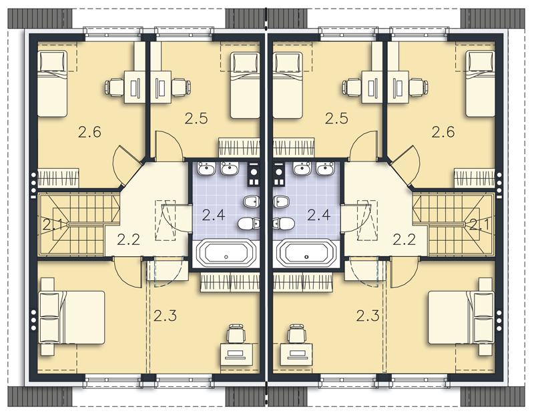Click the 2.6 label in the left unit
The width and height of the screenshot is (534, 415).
pyautogui.click(x=89, y=131)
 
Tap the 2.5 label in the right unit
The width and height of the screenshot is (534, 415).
pyautogui.click(x=336, y=119)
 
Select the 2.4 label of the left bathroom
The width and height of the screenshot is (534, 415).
pyautogui.click(x=214, y=215)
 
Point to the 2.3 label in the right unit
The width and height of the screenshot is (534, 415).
pyautogui.click(x=368, y=316)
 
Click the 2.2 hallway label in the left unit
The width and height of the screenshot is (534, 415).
pyautogui.click(x=128, y=240)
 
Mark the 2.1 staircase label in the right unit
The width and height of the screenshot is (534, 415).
pyautogui.click(x=479, y=225)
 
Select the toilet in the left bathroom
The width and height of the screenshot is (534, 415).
pyautogui.click(x=248, y=224)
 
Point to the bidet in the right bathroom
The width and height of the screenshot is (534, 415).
pyautogui.click(x=280, y=202)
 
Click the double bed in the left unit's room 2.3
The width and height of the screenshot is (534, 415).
pyautogui.click(x=72, y=318)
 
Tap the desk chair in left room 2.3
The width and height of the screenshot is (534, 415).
pyautogui.click(x=236, y=334)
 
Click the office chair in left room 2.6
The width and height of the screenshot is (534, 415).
pyautogui.click(x=114, y=87)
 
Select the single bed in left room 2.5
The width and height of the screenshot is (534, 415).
pyautogui.click(x=245, y=85)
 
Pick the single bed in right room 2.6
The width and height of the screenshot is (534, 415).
pyautogui.click(x=480, y=84)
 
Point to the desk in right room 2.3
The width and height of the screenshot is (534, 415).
pyautogui.click(x=296, y=356)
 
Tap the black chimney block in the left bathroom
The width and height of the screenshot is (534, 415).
pyautogui.click(x=254, y=175)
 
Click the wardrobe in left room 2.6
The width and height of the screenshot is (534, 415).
pyautogui.click(x=58, y=178)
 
